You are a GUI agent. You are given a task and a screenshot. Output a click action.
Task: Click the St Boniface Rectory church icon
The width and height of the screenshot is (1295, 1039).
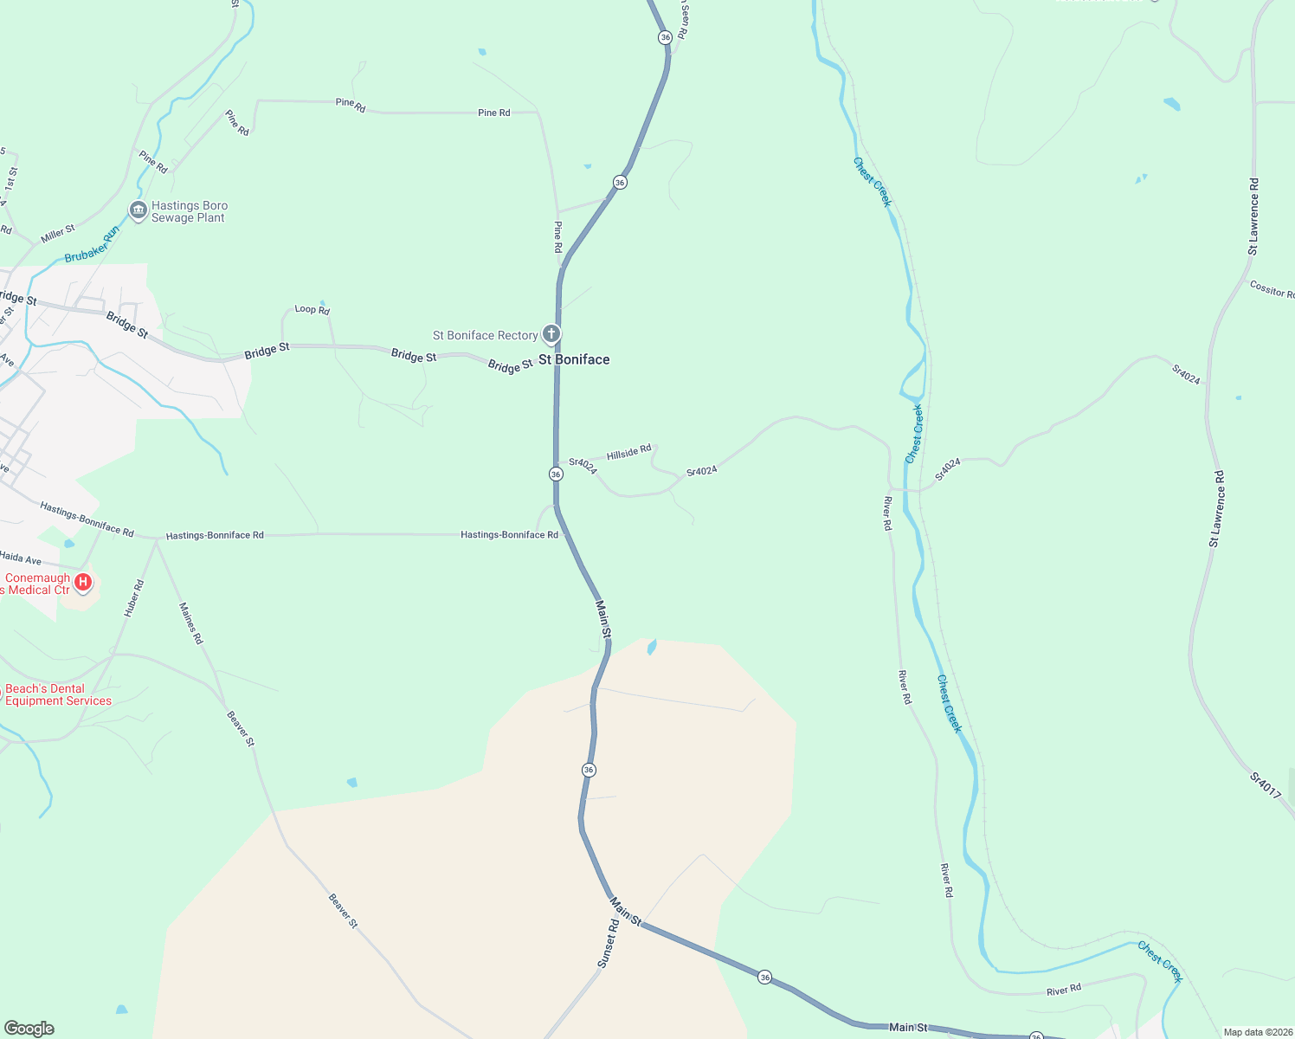[551, 334]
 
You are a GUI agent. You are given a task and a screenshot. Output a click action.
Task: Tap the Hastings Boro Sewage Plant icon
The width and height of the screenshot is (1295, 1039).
[138, 210]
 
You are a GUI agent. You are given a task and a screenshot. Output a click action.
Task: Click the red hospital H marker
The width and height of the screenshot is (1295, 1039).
[83, 582]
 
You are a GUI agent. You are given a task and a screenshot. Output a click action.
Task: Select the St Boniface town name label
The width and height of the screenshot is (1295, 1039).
[574, 359]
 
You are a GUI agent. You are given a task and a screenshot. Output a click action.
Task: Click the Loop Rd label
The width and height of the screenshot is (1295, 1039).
[312, 309]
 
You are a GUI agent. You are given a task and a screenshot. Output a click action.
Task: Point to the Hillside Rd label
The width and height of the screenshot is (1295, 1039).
[628, 453]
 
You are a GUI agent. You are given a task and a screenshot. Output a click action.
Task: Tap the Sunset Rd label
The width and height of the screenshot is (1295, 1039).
[609, 944]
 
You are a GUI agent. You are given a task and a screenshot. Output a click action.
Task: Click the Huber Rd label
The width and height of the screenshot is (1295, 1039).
[133, 598]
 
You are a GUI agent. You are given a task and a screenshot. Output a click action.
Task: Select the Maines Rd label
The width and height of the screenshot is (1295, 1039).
[190, 623]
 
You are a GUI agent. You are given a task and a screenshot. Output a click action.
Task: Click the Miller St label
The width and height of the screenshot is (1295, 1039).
[58, 234]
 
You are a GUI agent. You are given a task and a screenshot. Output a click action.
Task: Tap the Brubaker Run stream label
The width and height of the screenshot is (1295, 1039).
[92, 245]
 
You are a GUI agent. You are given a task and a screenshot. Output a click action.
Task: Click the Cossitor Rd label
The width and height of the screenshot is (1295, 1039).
[1271, 289]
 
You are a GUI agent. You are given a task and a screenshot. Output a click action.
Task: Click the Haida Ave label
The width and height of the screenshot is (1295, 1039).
[21, 558]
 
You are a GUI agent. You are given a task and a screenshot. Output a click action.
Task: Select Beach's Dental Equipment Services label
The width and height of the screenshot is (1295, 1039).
[58, 695]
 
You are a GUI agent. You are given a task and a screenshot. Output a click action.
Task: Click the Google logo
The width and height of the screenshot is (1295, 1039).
[29, 1029]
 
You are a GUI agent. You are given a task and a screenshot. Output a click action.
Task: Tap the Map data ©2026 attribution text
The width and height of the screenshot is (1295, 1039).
[1256, 1032]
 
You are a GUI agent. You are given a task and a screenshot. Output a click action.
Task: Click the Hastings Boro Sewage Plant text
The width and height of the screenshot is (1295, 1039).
[190, 212]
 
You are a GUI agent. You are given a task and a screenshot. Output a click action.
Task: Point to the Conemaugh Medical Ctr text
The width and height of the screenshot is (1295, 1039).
[36, 584]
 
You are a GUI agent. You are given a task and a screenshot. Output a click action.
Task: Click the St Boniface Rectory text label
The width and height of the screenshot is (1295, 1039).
[485, 335]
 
